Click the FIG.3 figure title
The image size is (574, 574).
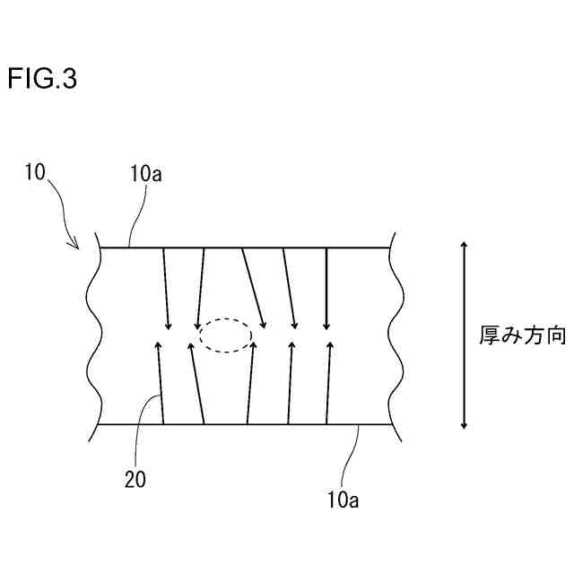coord(42,80)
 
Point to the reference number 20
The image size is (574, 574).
coord(135,480)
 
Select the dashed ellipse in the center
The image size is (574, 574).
coord(225,335)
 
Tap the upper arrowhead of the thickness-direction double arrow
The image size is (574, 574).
coord(463,246)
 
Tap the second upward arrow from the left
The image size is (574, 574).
coord(197,381)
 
